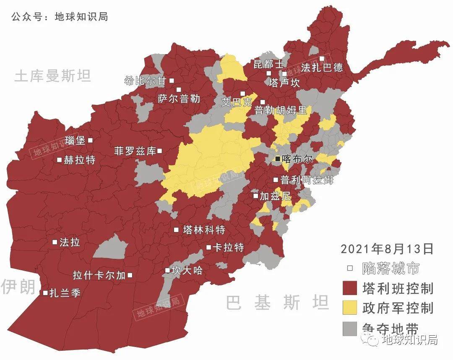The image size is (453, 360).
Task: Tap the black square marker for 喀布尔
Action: click(278, 159)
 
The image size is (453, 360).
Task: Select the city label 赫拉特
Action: click(80, 160)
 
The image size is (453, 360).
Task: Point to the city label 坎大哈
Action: click(187, 271)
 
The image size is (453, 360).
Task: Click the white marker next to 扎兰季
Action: click(45, 293)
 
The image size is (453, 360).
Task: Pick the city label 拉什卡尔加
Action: click(99, 276)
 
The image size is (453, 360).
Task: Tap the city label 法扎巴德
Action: click(322, 68)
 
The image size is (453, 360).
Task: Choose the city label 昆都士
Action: click(269, 64)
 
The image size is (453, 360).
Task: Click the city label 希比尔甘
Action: click(146, 81)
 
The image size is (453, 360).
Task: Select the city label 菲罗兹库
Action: click(135, 151)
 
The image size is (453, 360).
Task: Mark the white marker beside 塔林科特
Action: click(177, 230)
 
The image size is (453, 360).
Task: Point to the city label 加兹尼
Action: click(275, 196)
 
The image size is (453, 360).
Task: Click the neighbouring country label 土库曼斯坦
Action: click(52, 76)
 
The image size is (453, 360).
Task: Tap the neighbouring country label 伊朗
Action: click(18, 287)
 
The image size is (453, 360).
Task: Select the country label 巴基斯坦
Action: click(277, 302)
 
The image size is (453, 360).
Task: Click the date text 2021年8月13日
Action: click(387, 249)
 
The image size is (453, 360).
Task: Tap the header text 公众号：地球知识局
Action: click(60, 17)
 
